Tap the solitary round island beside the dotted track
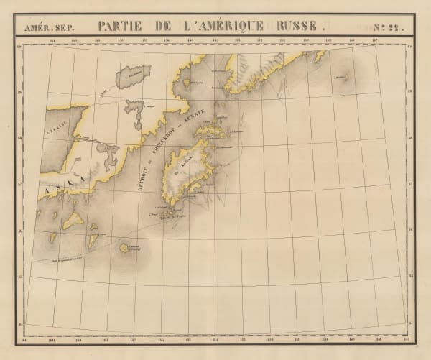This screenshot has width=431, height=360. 124,248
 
